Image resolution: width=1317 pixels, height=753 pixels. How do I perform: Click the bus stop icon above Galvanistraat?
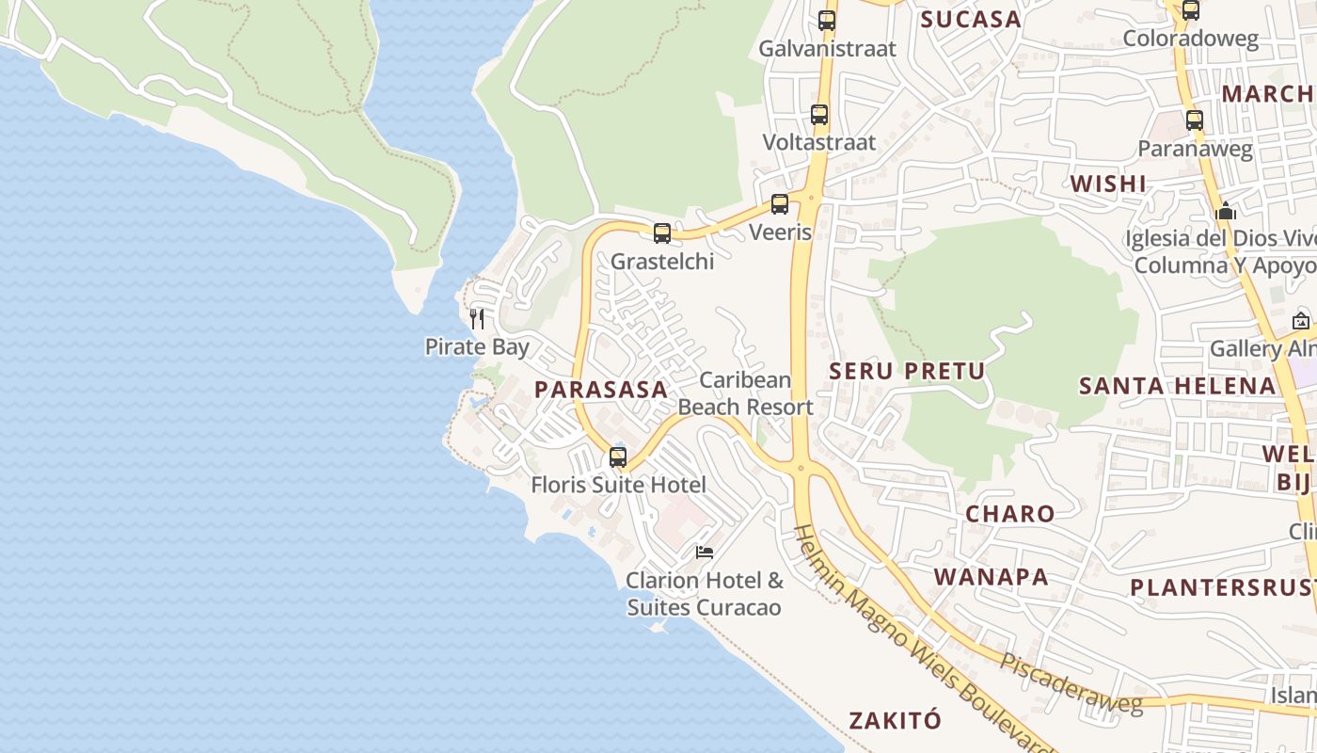(x=827, y=20)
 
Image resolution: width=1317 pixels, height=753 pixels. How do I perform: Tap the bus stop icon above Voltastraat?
(x=819, y=115)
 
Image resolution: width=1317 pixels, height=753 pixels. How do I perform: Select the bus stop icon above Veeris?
(x=780, y=204)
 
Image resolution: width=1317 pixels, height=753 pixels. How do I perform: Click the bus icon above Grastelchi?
(x=662, y=233)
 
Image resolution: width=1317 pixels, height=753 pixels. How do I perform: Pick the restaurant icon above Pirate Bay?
(x=477, y=318)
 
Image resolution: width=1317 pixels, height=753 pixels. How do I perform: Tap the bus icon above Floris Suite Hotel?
(x=618, y=457)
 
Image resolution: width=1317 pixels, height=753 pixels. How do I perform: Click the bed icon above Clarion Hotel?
(x=705, y=553)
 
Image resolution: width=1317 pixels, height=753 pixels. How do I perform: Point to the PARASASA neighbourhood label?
(x=601, y=389)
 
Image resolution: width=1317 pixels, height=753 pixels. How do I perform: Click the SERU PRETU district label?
(x=907, y=371)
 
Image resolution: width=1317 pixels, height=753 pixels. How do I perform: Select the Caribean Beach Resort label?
(x=745, y=393)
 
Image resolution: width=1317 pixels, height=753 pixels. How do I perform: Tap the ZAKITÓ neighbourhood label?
(x=895, y=721)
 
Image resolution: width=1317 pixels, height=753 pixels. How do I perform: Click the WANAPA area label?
(x=991, y=577)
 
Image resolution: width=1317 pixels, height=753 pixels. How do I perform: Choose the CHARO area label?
(x=1010, y=514)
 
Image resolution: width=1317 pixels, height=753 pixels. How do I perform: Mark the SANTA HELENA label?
(x=1177, y=386)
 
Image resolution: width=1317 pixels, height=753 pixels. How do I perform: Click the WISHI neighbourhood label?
(x=1109, y=184)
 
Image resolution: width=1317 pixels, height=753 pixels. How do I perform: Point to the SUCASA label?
(x=971, y=20)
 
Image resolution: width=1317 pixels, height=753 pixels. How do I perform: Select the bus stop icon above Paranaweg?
(x=1195, y=120)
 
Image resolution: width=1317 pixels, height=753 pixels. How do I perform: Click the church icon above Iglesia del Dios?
(x=1225, y=211)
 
